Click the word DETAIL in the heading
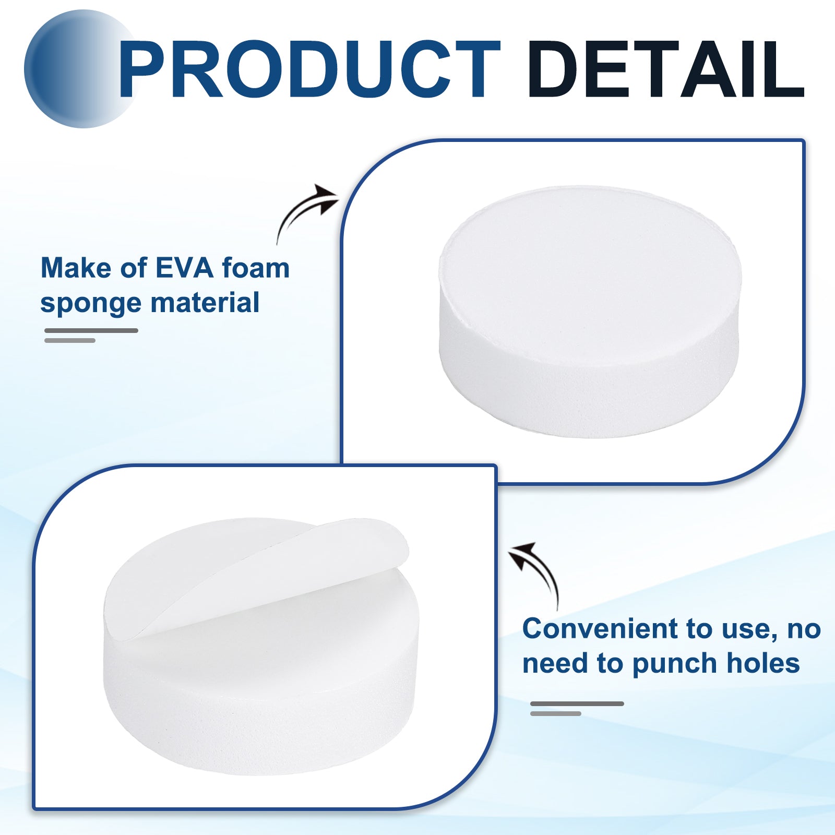[666, 69]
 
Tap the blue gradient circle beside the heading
[78, 69]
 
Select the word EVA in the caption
[185, 268]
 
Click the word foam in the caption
[256, 268]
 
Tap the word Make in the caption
[76, 268]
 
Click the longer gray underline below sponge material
[91, 330]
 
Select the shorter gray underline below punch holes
[556, 713]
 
